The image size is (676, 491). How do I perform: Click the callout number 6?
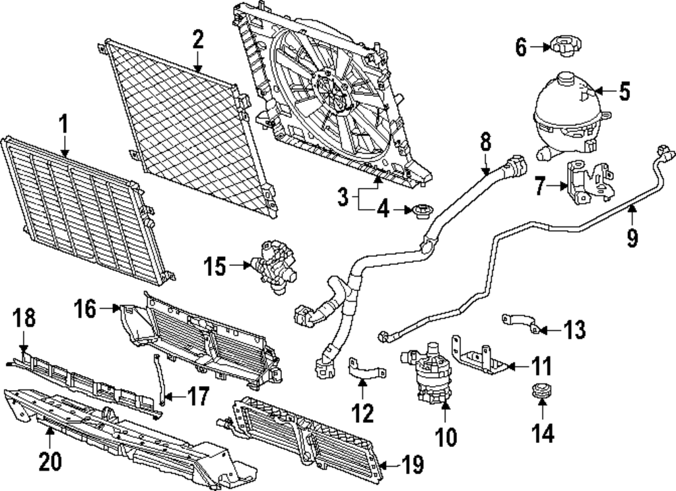(x=521, y=47)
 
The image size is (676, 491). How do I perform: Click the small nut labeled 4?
(x=422, y=211)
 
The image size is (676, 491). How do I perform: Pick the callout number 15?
(x=217, y=267)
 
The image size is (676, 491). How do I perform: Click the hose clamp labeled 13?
(x=521, y=323)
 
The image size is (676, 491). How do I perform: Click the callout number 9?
(x=632, y=238)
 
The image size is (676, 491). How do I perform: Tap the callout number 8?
(x=485, y=143)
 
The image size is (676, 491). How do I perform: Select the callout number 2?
(x=197, y=39)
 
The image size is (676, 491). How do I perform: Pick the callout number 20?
(x=51, y=462)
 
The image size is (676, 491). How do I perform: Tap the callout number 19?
(x=412, y=465)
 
